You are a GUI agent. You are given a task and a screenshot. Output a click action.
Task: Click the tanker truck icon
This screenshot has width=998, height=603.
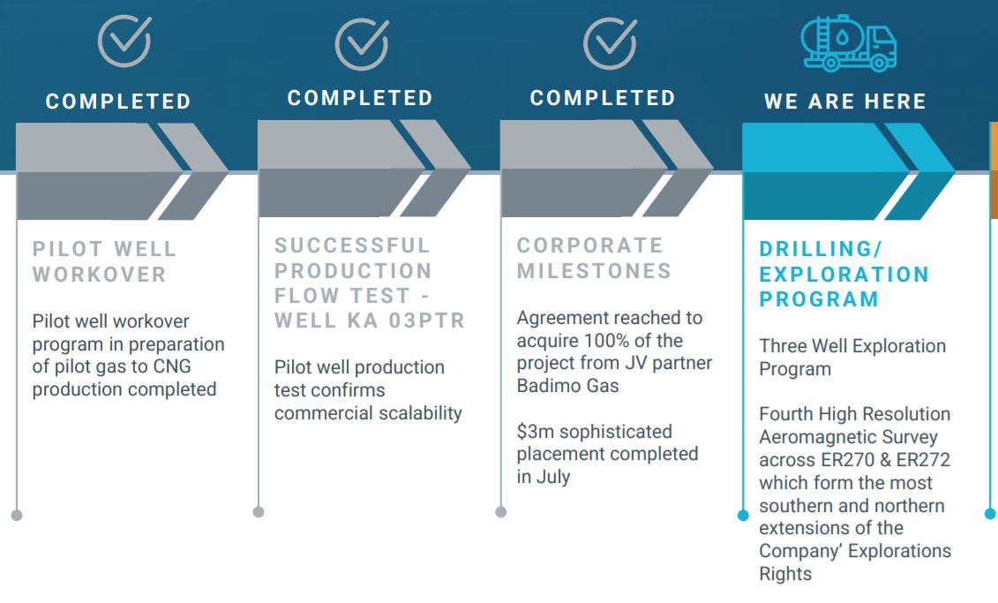pyautogui.click(x=848, y=42)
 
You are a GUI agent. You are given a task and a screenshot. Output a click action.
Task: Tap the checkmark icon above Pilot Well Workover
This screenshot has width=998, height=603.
pyautogui.click(x=124, y=41)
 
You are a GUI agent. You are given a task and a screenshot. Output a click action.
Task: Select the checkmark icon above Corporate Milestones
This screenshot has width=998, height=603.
pyautogui.click(x=611, y=42)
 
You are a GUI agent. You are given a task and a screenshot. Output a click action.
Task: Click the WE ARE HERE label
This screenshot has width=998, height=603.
pyautogui.click(x=844, y=102)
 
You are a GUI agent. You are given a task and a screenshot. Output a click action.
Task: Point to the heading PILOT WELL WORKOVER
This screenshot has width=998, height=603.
pyautogui.click(x=104, y=261)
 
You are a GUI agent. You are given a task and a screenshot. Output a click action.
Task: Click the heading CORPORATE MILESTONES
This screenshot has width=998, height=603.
pyautogui.click(x=594, y=258)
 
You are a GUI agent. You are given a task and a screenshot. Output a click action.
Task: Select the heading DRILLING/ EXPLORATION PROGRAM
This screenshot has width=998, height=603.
pyautogui.click(x=844, y=274)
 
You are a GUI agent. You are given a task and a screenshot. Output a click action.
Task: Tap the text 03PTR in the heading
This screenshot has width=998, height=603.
pyautogui.click(x=427, y=320)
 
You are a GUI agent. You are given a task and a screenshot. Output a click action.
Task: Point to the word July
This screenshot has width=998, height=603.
pyautogui.click(x=553, y=477)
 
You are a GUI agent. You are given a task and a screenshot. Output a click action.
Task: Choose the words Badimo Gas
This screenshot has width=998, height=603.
pyautogui.click(x=567, y=385)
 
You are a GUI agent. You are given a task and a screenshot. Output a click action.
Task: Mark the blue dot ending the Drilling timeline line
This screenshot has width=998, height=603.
pyautogui.click(x=743, y=515)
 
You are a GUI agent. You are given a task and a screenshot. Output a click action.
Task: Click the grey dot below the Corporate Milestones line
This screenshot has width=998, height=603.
pyautogui.click(x=501, y=512)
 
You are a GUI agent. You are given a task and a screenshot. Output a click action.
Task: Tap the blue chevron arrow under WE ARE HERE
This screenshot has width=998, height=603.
pyautogui.click(x=849, y=171)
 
